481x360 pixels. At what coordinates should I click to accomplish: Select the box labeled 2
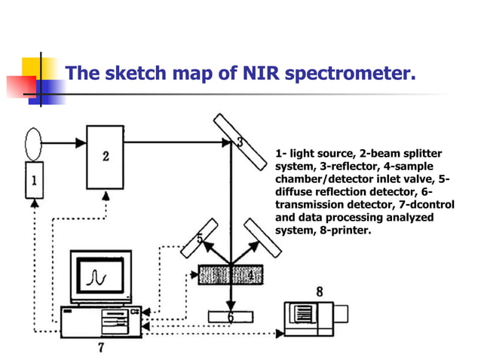[x=106, y=157]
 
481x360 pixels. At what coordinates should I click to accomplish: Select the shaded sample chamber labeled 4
[x=230, y=275]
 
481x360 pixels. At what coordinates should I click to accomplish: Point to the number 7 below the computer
[x=101, y=347]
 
